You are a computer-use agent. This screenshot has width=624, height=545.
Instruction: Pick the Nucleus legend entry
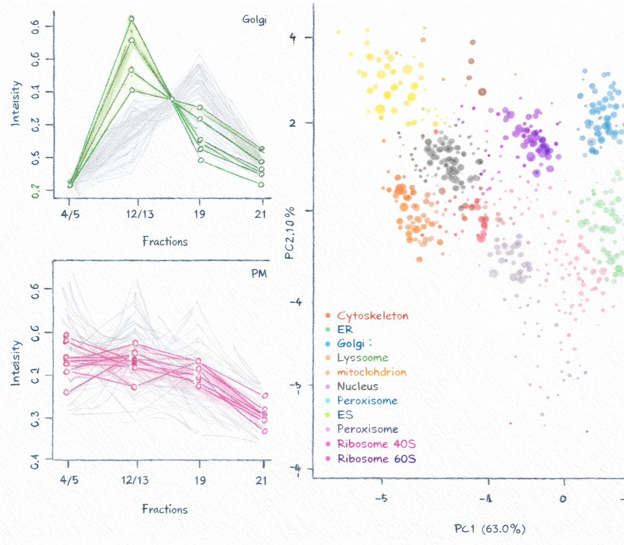357,386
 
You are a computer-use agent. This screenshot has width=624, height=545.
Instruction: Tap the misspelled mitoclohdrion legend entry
371,372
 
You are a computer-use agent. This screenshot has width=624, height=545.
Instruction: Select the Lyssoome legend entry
363,358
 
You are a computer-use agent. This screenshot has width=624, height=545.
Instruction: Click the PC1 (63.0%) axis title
490,529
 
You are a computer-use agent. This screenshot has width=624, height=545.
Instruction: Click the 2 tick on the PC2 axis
293,122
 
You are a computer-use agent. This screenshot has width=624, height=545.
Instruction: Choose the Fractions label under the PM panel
164,509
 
